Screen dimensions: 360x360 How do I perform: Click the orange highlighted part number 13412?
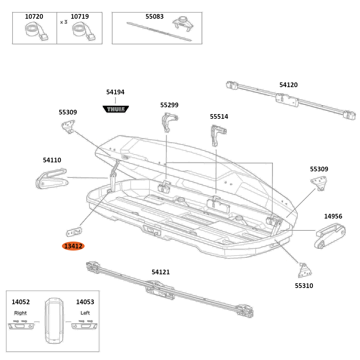(73, 246)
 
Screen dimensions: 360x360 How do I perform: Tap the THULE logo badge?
(116, 109)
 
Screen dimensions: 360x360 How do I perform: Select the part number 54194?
(115, 92)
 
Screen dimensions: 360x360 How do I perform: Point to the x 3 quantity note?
(64, 22)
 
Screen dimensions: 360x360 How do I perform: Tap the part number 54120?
(288, 85)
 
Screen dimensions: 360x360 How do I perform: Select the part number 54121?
(161, 272)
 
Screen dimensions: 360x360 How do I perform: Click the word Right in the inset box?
(21, 313)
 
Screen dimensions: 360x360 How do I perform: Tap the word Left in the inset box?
(85, 313)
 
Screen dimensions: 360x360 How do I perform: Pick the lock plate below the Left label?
(84, 326)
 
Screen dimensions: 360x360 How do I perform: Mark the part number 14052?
(21, 302)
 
